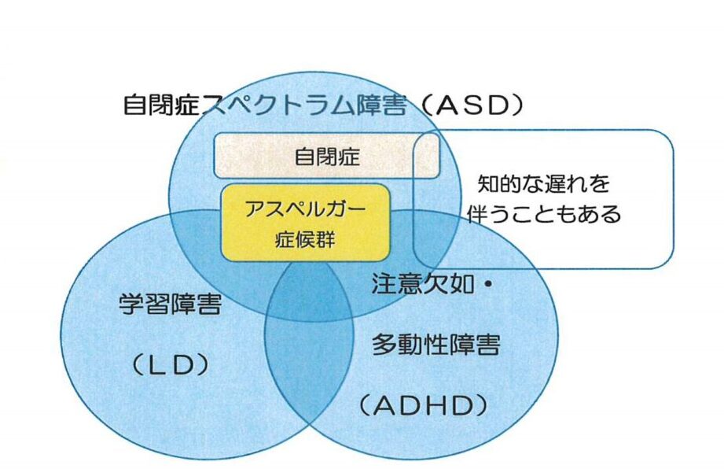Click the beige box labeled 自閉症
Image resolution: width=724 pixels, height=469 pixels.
(326, 157)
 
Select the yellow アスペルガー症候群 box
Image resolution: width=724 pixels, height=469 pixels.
(306, 222)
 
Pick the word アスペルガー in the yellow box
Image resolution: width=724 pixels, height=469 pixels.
(306, 208)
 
